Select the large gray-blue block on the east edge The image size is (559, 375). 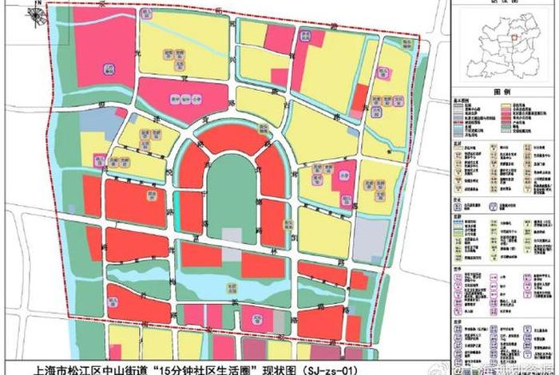click(370, 239)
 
